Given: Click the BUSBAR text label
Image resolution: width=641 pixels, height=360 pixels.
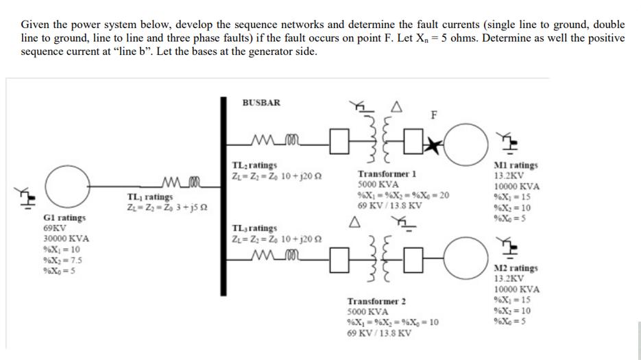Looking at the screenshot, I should coord(261,103).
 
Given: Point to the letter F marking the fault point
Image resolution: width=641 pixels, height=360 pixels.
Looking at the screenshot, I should coord(433,115).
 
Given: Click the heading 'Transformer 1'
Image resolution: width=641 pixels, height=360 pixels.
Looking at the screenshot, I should coord(386,175).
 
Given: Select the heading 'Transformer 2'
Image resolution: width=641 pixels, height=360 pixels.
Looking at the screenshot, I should coord(376,301).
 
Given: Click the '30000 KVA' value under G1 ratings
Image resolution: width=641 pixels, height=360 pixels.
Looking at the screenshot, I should coord(65,239).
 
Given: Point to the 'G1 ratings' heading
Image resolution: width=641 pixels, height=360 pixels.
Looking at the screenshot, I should coord(64,217).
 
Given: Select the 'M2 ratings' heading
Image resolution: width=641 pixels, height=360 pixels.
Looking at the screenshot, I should coord(516,268).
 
